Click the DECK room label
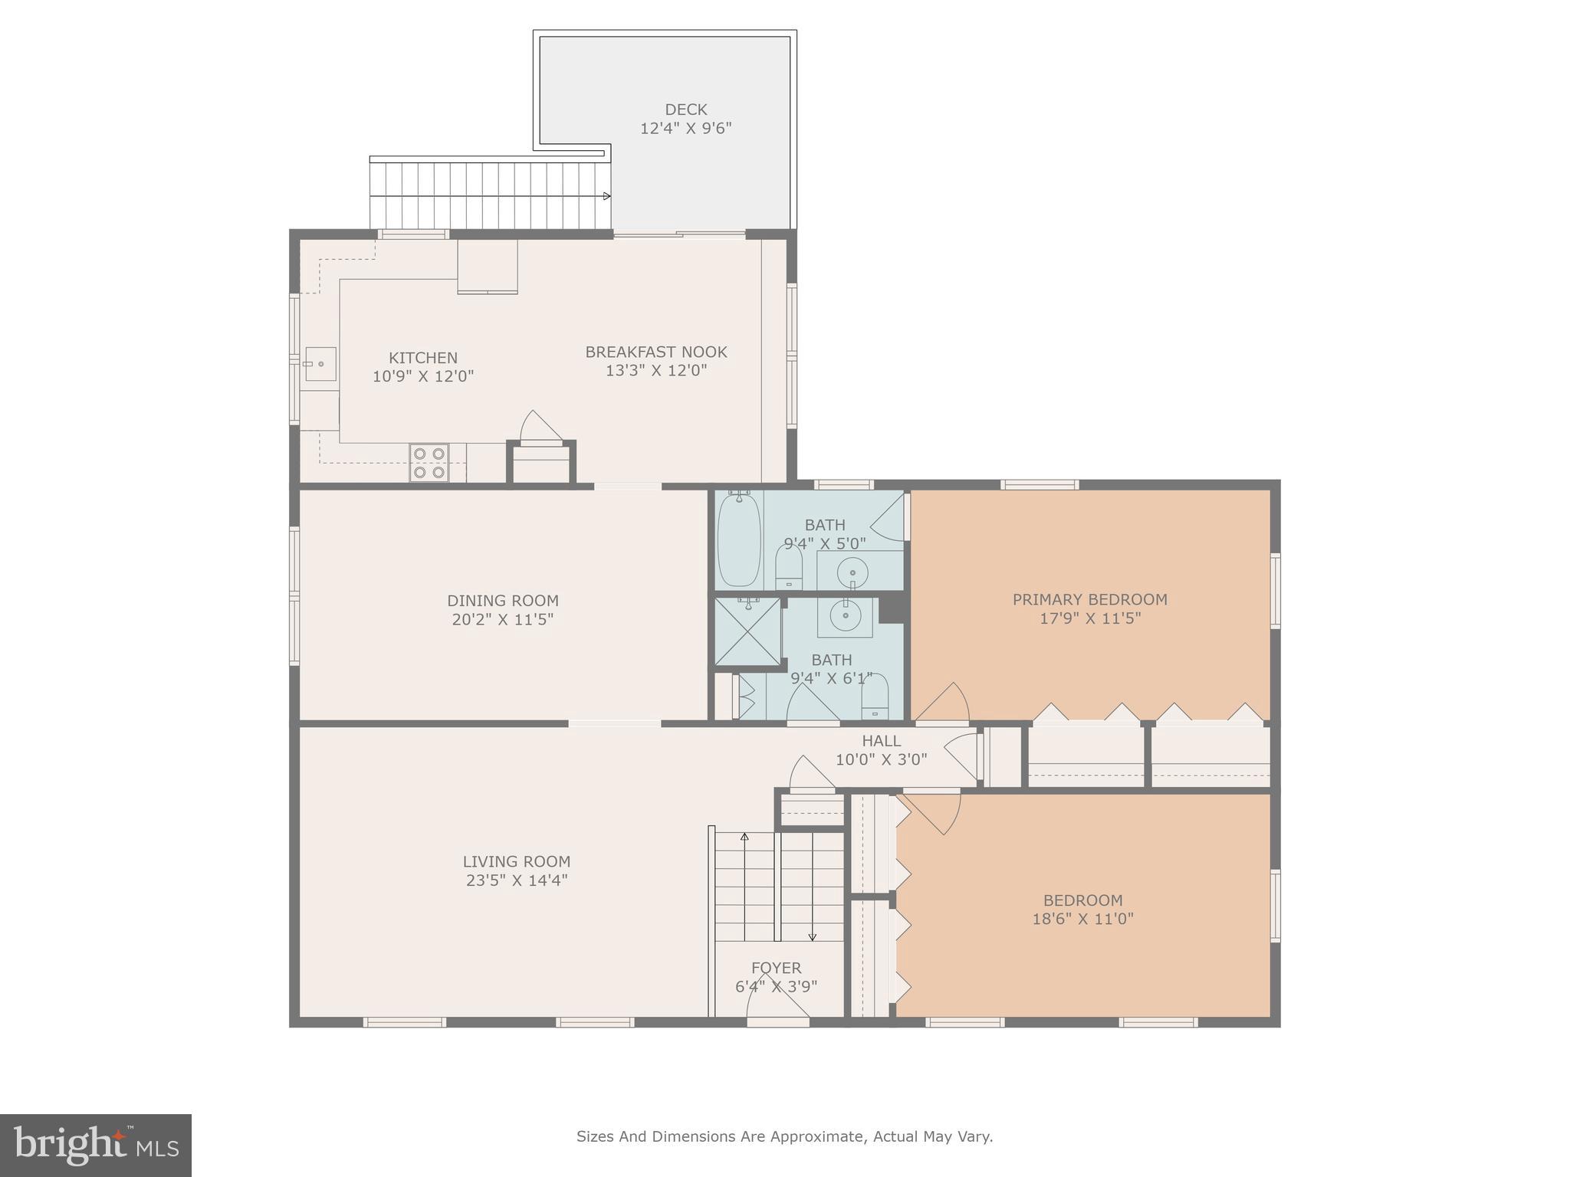click(x=685, y=110)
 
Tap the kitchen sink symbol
click(x=320, y=364)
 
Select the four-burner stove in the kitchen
click(x=429, y=463)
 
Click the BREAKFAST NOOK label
click(x=655, y=352)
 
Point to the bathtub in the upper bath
click(x=739, y=539)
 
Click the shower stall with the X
click(x=747, y=631)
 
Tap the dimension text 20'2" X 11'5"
click(x=502, y=619)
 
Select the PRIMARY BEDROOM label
click(x=1089, y=599)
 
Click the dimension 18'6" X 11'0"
click(x=1082, y=919)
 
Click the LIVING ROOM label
click(x=516, y=861)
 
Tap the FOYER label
click(x=776, y=968)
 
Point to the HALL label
click(x=881, y=741)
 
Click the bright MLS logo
click(x=96, y=1146)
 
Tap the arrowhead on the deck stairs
click(x=607, y=196)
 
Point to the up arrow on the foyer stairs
click(x=744, y=837)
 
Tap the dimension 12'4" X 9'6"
click(x=685, y=128)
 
